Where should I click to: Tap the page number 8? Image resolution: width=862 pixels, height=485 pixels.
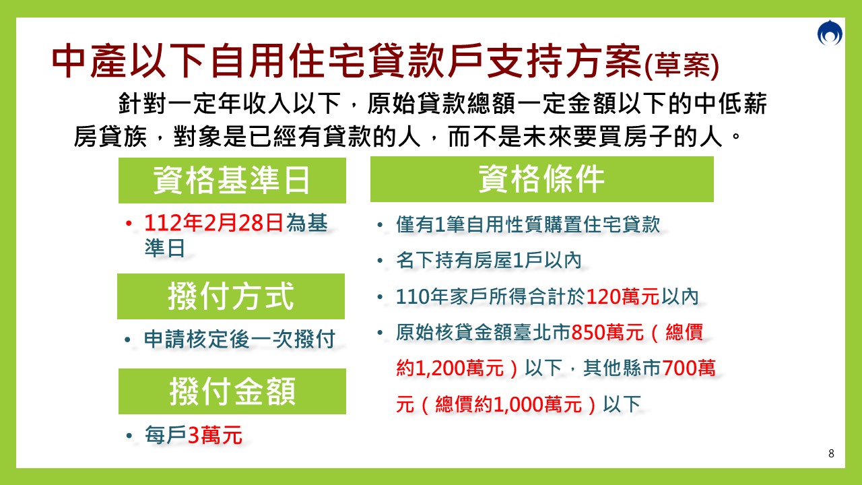(831, 453)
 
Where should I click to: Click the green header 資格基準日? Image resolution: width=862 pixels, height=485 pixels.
(232, 181)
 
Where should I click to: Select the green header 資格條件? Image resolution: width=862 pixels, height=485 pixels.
(541, 179)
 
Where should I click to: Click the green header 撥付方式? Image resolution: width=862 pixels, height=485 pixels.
(230, 296)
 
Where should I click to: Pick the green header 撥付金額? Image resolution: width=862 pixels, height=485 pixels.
(232, 391)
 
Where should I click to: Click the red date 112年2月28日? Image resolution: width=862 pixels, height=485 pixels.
(213, 224)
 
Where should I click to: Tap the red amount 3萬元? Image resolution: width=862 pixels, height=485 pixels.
(215, 436)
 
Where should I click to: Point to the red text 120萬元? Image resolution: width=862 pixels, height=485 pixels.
(622, 296)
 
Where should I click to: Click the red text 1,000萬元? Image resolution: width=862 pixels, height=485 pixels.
(537, 404)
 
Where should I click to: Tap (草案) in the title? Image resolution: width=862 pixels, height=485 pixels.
(682, 67)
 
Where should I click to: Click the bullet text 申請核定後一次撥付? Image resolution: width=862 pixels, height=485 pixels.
(239, 339)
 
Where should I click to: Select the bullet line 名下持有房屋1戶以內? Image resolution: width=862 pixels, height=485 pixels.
(488, 261)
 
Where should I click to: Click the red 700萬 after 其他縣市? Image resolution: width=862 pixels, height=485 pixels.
(689, 368)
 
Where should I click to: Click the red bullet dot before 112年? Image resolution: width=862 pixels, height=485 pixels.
(127, 224)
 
